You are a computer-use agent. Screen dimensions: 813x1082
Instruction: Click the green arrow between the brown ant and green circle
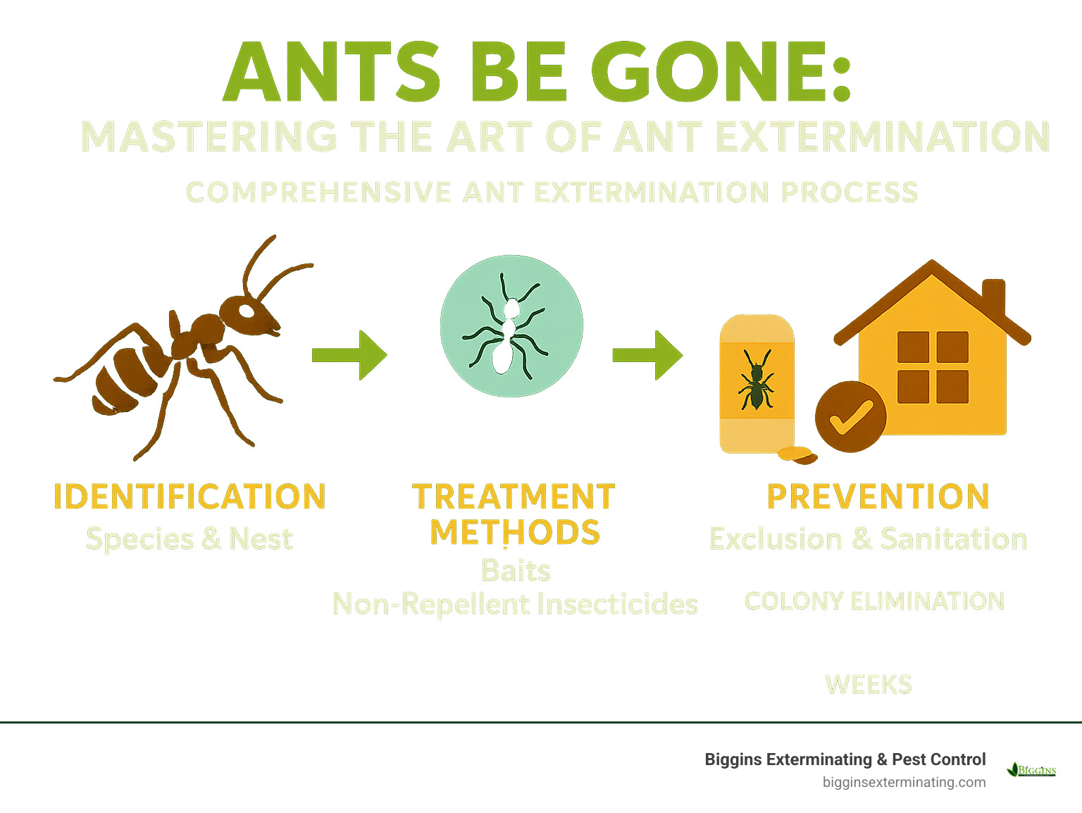point(350,355)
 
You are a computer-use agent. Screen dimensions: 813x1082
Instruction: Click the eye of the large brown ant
point(246,310)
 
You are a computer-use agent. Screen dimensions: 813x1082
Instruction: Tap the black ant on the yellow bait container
point(755,381)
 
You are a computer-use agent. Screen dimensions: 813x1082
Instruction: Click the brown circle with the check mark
point(850,416)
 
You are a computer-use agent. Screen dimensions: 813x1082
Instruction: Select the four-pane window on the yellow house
point(933,367)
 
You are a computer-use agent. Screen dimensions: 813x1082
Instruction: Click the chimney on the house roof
point(993,296)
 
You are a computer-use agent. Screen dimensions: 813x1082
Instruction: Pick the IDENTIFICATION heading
point(189,497)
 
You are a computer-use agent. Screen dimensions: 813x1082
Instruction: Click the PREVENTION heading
point(878,497)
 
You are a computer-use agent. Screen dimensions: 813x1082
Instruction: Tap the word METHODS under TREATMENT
point(515,532)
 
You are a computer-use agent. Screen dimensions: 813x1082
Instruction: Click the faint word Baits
point(516,571)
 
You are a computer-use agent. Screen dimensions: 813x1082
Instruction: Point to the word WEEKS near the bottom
point(869,684)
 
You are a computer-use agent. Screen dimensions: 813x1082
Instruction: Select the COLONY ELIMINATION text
point(874,602)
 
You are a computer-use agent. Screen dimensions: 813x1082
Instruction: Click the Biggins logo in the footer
point(1032,769)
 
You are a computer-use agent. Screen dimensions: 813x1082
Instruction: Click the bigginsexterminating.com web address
point(904,783)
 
